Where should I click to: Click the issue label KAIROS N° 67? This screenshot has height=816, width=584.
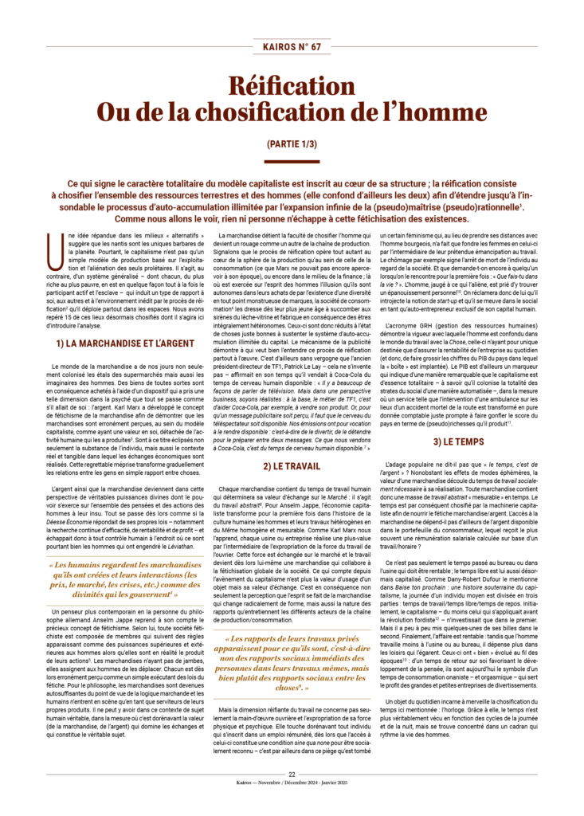click(x=292, y=46)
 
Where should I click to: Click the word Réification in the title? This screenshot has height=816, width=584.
click(x=292, y=86)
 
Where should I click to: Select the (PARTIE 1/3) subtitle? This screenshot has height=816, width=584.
click(x=292, y=144)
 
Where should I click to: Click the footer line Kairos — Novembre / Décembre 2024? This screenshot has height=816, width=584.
click(x=292, y=784)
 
